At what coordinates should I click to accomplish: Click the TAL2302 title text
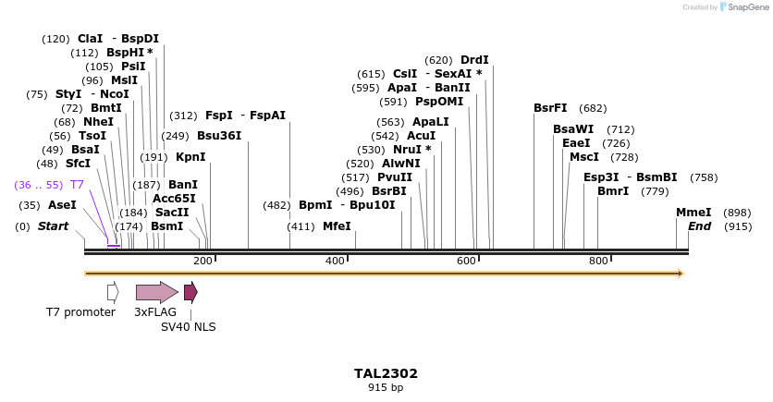click(386, 374)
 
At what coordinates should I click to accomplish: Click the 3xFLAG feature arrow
click(156, 293)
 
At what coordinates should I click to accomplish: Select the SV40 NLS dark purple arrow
click(190, 293)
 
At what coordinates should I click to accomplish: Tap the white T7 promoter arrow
click(113, 293)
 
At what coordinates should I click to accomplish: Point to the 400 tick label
click(335, 262)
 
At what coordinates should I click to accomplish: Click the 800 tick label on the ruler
click(597, 262)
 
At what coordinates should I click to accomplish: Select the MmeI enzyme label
click(693, 213)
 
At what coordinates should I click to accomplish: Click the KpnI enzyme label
click(190, 157)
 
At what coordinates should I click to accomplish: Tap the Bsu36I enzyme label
click(219, 136)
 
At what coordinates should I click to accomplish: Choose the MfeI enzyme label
click(337, 226)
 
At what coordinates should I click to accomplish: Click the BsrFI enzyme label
click(550, 108)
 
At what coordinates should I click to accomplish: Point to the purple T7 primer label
click(77, 185)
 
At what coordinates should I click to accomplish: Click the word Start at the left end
click(53, 226)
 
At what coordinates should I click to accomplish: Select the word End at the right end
click(700, 226)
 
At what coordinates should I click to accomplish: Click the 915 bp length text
click(386, 388)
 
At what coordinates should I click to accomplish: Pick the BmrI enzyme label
click(613, 191)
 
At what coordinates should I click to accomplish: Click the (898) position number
click(737, 213)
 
